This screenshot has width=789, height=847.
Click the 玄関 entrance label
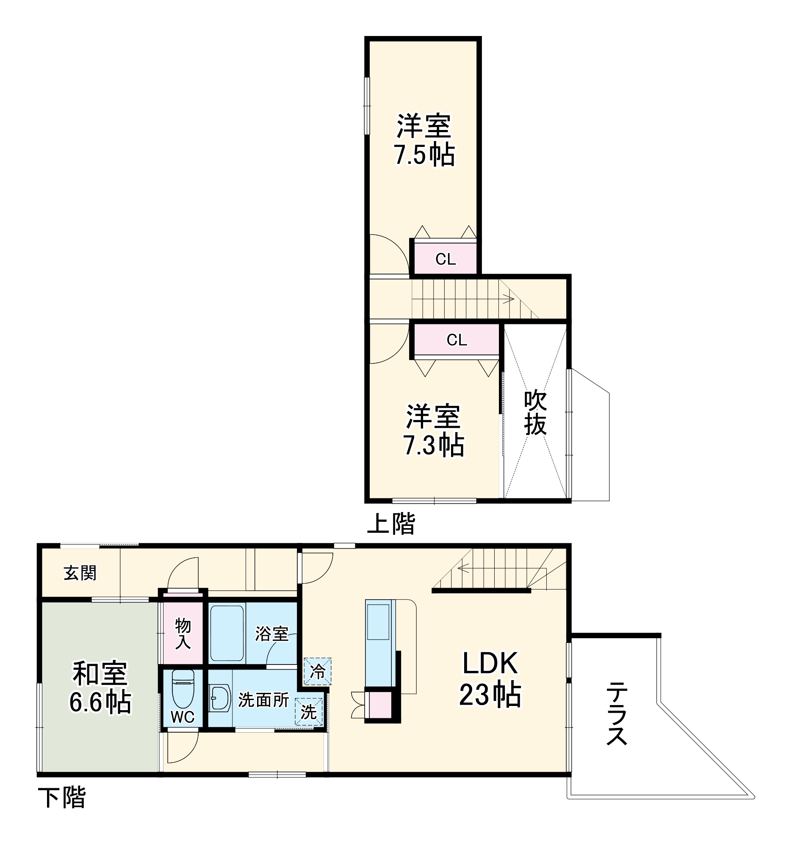[80, 573]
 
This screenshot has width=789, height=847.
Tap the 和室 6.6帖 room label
[100, 687]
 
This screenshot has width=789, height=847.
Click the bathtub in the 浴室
[227, 632]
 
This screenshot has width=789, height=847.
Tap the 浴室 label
[271, 634]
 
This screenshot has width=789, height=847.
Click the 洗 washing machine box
[308, 711]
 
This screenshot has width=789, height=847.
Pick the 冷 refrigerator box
[317, 672]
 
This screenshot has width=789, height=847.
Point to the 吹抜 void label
[535, 412]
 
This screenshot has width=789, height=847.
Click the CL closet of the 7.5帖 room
[445, 259]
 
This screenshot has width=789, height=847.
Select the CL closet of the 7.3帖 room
[456, 340]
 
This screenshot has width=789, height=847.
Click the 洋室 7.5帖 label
[424, 140]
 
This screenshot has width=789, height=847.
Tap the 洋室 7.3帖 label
[433, 430]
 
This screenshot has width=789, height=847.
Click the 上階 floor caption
[390, 523]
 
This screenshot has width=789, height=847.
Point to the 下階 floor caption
[62, 797]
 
